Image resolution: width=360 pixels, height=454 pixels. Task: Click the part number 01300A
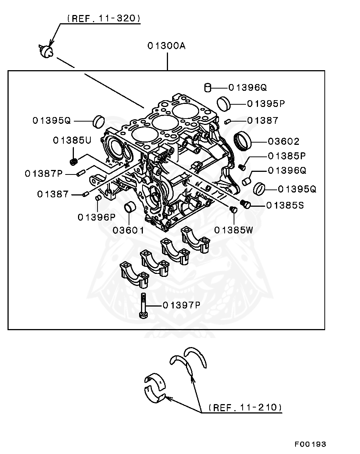166,46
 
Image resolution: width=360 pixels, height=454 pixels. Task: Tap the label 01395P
266,104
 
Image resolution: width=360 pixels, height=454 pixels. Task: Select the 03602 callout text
284,141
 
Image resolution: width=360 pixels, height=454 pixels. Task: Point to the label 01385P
287,156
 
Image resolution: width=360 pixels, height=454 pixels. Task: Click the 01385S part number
285,205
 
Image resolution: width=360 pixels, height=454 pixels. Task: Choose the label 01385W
234,230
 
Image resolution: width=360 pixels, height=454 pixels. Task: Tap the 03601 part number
128,230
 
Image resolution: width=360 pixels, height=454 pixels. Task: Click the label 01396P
96,217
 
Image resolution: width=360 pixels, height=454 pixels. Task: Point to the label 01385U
72,140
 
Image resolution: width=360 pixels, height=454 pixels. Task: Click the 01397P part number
181,305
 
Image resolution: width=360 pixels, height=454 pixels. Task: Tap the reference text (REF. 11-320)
103,18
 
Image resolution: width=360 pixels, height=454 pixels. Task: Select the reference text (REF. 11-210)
245,407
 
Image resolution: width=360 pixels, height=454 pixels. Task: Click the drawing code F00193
310,444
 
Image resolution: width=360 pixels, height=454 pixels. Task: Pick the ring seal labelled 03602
243,141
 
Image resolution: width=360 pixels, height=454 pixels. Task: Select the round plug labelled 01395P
224,103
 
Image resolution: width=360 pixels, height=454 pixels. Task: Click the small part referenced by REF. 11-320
46,51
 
